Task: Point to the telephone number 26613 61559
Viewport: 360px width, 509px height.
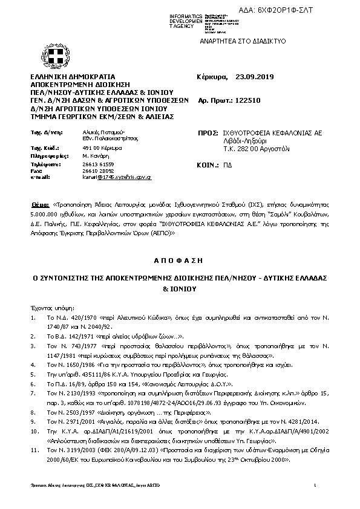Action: point(97,164)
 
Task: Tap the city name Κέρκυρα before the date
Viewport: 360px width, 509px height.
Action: point(212,77)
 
